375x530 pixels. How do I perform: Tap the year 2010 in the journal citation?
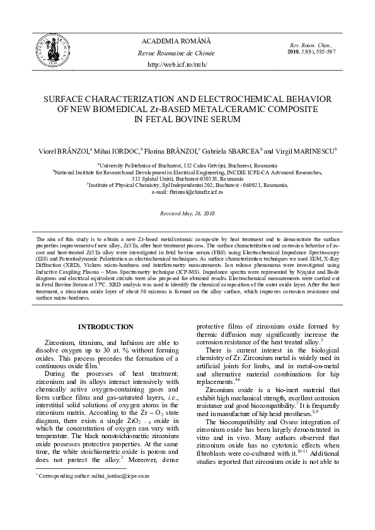point(294,52)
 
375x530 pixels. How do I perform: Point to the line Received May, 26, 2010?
point(188,214)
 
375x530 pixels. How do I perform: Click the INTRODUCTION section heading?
point(105,327)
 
